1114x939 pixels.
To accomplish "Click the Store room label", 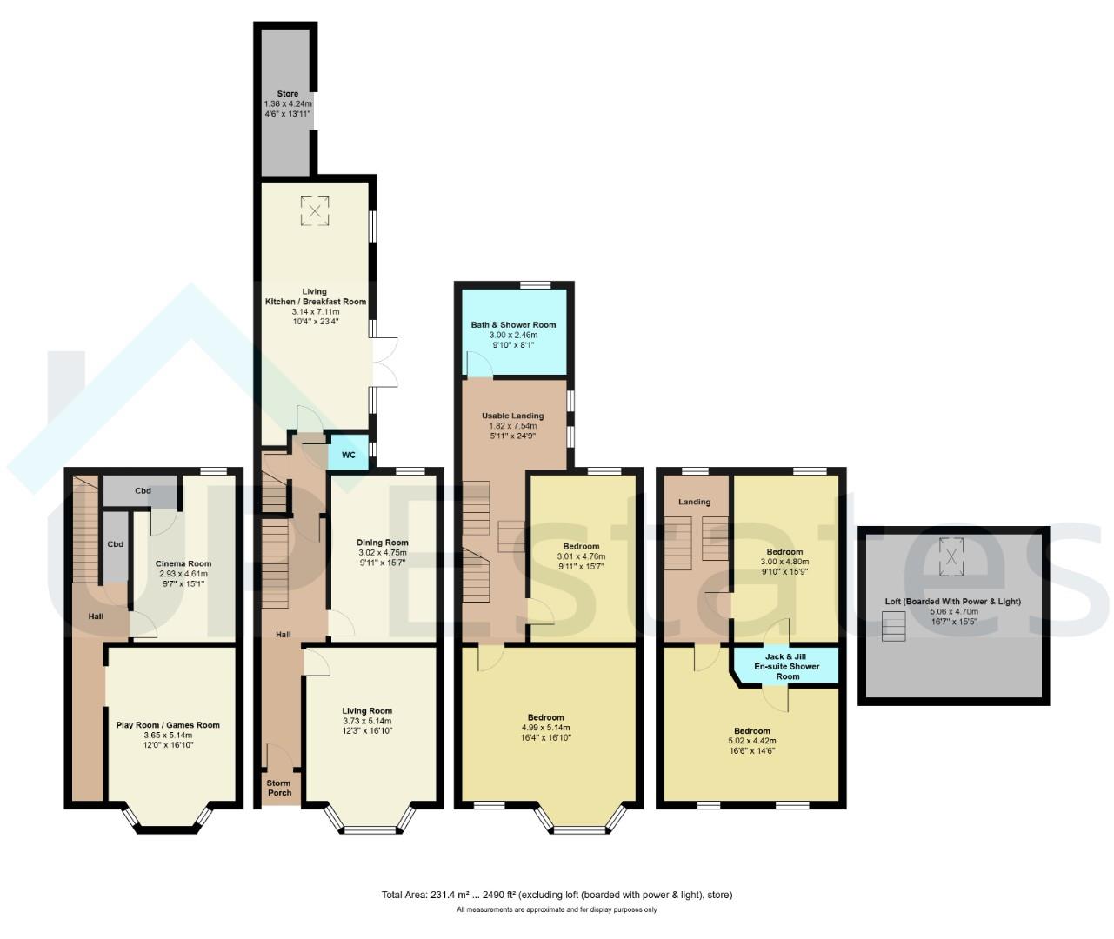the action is click(288, 94).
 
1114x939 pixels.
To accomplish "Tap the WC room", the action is click(349, 454).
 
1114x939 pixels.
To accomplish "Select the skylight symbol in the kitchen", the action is click(315, 211).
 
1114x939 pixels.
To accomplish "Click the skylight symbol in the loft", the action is click(951, 557).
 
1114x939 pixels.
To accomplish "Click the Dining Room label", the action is click(382, 543).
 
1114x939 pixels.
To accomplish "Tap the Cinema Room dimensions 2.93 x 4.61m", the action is click(183, 574).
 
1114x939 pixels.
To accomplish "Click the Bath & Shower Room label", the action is click(513, 325).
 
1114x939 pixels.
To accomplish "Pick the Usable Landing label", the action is click(513, 416).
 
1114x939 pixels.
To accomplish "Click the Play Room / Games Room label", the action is click(168, 725).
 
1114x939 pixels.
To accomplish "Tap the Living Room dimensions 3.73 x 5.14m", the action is click(367, 721).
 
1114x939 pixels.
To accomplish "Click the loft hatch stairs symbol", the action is click(894, 626).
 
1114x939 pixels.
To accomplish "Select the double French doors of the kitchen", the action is click(385, 362).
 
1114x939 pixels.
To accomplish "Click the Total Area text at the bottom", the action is click(557, 895).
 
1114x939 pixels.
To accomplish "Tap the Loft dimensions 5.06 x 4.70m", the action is click(953, 611).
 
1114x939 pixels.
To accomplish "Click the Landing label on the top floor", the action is click(694, 502).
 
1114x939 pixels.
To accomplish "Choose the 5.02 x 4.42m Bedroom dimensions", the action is click(751, 741).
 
